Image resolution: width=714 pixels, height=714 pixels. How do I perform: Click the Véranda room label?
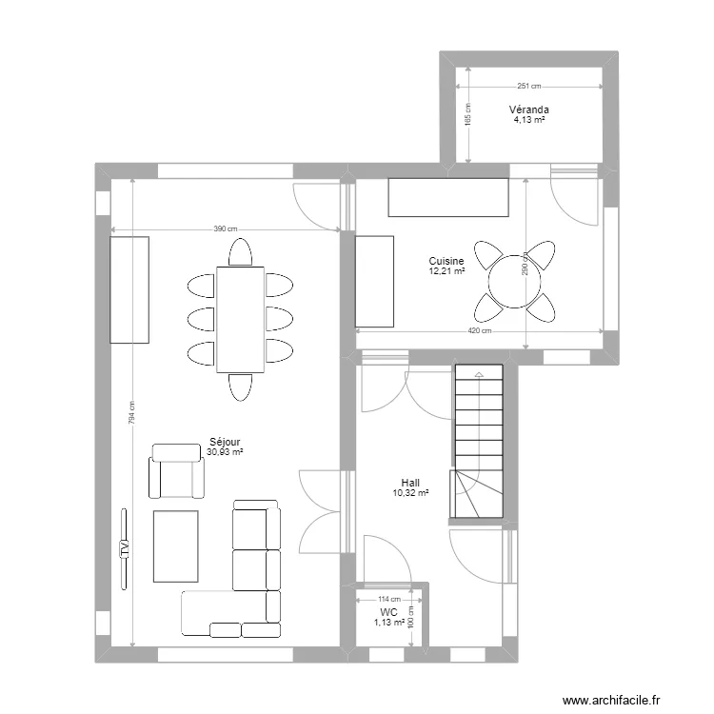pyautogui.click(x=528, y=109)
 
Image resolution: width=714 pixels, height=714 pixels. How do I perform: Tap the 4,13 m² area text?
pyautogui.click(x=529, y=120)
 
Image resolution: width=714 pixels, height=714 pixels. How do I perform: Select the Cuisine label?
pyautogui.click(x=446, y=261)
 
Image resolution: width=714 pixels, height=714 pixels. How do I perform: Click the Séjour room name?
pyautogui.click(x=225, y=442)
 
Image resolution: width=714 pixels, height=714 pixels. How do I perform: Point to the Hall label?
pyautogui.click(x=410, y=483)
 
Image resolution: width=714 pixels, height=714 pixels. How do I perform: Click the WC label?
pyautogui.click(x=388, y=612)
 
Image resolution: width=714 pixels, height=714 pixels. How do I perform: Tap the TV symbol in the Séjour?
pyautogui.click(x=124, y=548)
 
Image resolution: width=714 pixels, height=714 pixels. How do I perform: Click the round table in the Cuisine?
pyautogui.click(x=514, y=282)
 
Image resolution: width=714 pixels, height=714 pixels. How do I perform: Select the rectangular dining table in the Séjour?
pyautogui.click(x=241, y=319)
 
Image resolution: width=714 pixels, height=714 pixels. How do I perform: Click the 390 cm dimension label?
pyautogui.click(x=226, y=229)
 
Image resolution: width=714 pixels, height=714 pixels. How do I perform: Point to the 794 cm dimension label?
pyautogui.click(x=131, y=412)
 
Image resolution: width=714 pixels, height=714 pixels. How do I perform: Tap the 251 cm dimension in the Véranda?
pyautogui.click(x=529, y=86)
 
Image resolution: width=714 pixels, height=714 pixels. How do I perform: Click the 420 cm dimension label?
pyautogui.click(x=480, y=330)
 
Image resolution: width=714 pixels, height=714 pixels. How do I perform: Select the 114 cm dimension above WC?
pyautogui.click(x=389, y=599)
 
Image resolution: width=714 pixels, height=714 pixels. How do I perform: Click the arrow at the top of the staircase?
pyautogui.click(x=479, y=374)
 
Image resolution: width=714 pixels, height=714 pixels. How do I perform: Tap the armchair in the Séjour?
pyautogui.click(x=176, y=471)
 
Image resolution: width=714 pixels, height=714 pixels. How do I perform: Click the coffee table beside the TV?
pyautogui.click(x=176, y=546)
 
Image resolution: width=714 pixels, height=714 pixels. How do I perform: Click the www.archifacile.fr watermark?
pyautogui.click(x=611, y=700)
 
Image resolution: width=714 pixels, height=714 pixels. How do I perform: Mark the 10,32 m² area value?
pyautogui.click(x=410, y=492)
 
